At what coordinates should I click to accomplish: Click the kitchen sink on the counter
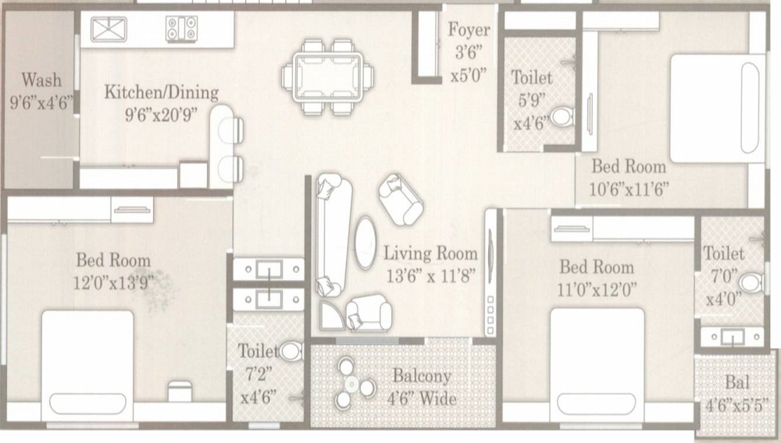(x=109, y=30)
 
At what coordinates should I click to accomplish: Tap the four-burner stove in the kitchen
(x=182, y=28)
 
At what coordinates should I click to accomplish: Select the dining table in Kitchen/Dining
(x=328, y=77)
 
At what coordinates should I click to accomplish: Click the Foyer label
(x=469, y=30)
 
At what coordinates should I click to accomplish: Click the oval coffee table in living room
(x=366, y=243)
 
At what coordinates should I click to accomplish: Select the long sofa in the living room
(x=330, y=235)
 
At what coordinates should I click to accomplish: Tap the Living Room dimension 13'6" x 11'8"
(x=431, y=275)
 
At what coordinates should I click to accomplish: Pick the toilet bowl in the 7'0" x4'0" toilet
(x=751, y=282)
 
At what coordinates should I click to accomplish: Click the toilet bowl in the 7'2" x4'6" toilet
(x=291, y=351)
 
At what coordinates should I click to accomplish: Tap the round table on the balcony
(x=352, y=384)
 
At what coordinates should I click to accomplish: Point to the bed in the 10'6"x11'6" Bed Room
(x=717, y=108)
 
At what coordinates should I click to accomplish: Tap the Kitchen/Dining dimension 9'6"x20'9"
(x=161, y=115)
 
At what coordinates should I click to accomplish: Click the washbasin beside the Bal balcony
(x=732, y=337)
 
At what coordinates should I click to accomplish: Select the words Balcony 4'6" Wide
(x=423, y=387)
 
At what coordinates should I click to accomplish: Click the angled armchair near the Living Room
(x=401, y=199)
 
